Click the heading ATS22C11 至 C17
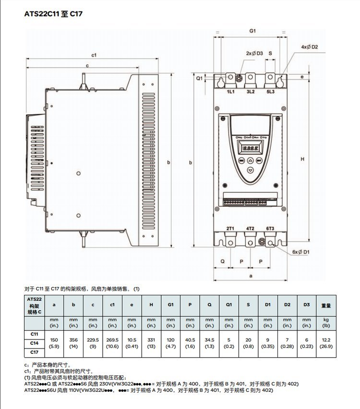(53, 14)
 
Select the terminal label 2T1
(230, 229)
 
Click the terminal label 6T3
(270, 229)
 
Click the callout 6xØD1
(300, 251)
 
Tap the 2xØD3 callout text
(254, 53)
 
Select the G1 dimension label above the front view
(252, 31)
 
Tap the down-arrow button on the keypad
(250, 170)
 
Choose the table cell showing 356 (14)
(73, 342)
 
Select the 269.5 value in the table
(112, 339)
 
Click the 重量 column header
(326, 305)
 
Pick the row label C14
(35, 343)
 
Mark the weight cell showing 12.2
(326, 339)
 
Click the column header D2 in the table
(287, 305)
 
